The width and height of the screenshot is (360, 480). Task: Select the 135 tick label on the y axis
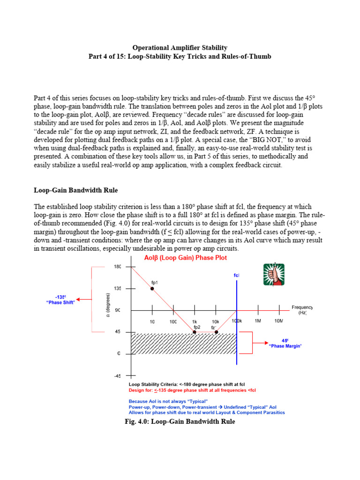tap(118, 288)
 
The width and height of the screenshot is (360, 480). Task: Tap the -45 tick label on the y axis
tap(118, 375)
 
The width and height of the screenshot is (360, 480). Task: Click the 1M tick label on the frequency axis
tap(258, 321)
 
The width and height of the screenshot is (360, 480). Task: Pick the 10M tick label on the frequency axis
tap(278, 321)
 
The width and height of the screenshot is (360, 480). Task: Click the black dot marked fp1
tap(152, 288)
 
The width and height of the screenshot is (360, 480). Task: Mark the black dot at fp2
tap(195, 332)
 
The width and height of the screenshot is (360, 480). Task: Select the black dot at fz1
tap(216, 332)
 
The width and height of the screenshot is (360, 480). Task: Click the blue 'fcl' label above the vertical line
tap(236, 275)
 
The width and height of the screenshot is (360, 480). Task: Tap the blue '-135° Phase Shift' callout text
tap(60, 300)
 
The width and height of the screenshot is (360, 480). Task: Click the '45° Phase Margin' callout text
tap(285, 343)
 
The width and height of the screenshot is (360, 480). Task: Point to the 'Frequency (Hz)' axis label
tap(301, 310)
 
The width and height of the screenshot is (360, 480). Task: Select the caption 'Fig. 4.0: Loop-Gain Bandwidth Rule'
tap(180, 421)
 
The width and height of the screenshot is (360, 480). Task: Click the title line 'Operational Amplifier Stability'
tap(180, 47)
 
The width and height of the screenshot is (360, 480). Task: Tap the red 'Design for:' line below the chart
tap(192, 390)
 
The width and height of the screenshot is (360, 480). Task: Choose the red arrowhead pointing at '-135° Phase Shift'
tap(79, 299)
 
